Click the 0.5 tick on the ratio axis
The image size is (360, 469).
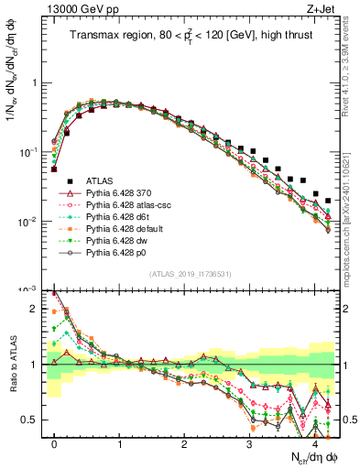click(35, 420)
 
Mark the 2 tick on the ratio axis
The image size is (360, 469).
click(38, 309)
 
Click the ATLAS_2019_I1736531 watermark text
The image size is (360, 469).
click(191, 275)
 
